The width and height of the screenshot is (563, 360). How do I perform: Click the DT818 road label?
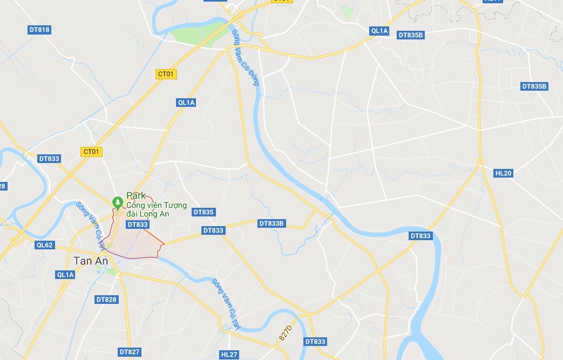40,30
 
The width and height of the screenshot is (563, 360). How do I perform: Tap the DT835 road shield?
204,212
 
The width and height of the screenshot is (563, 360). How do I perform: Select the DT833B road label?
272,223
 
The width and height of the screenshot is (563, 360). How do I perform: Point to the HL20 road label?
503,173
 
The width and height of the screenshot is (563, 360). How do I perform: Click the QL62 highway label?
45,245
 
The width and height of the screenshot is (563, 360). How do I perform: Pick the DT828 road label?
106,299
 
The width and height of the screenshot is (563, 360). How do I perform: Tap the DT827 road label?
130,352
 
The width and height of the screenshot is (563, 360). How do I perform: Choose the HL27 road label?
229,355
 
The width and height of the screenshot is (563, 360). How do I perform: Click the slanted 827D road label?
286,332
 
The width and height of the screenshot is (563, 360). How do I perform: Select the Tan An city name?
91,261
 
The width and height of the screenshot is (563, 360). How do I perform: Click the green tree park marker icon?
117,202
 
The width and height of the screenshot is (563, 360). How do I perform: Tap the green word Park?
136,195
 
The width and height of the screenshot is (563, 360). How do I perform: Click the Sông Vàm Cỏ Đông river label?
246,57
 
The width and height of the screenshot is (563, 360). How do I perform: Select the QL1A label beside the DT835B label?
379,31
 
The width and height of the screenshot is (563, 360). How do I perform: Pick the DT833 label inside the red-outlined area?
137,225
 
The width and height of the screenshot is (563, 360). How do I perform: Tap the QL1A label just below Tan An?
65,275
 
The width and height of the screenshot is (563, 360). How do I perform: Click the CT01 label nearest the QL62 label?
91,152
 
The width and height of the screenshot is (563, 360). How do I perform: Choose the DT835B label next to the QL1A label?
411,35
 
